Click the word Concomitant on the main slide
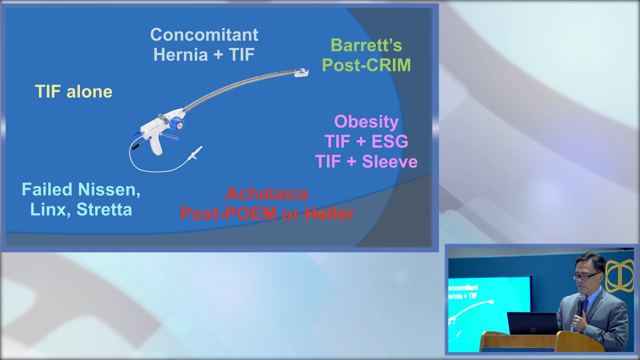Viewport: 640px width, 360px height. tap(204, 35)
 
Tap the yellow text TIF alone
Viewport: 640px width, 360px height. tap(74, 91)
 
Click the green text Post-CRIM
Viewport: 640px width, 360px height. tap(366, 65)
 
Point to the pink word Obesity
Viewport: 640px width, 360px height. tap(366, 122)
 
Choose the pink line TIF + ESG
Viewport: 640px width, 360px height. tap(366, 141)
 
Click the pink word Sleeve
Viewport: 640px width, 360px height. tap(390, 161)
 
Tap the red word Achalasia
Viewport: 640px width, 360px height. tap(267, 194)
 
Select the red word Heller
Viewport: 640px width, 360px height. tap(329, 214)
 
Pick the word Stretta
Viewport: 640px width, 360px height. tap(104, 209)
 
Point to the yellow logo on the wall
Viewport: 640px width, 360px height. tap(619, 276)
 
